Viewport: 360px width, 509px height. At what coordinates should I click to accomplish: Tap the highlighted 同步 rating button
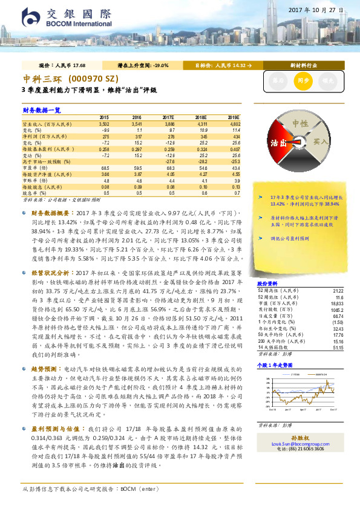tap(301, 79)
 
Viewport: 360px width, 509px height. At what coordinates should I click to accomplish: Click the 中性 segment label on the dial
tap(301, 123)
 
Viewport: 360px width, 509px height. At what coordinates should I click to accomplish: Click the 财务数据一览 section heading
tap(42, 110)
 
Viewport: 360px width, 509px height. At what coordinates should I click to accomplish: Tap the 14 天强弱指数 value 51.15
tap(338, 348)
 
